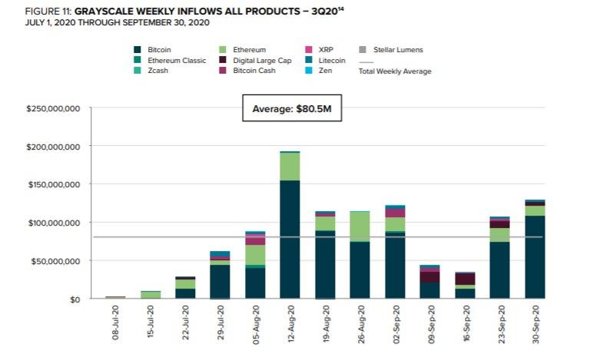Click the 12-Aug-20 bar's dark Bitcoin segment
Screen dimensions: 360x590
pos(290,239)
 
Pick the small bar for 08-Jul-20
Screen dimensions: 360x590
pos(115,296)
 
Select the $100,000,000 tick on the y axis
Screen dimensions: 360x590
pos(54,223)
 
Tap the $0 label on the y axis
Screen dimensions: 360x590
pos(75,299)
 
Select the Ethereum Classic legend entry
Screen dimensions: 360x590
pos(171,61)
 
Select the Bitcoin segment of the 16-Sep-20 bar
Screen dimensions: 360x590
pos(466,292)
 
